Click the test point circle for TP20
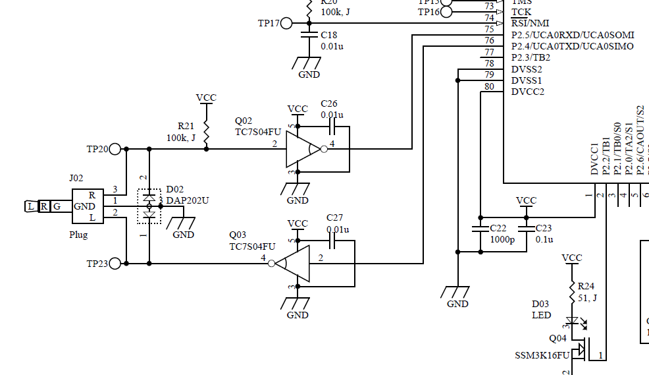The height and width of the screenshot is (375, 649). click(x=116, y=149)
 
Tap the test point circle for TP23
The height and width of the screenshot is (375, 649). click(x=116, y=264)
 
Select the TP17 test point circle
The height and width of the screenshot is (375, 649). click(x=286, y=23)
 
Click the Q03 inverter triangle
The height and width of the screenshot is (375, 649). click(x=293, y=264)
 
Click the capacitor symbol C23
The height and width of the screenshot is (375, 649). click(x=526, y=229)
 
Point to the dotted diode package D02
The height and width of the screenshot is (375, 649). click(x=149, y=206)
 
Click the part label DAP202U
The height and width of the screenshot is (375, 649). click(x=187, y=200)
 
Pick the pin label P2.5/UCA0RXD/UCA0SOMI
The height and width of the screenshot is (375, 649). click(x=572, y=35)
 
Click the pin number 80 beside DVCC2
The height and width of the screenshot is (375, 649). click(x=489, y=86)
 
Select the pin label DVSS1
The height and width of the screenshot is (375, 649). click(x=527, y=80)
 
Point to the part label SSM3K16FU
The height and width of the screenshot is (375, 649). click(x=542, y=356)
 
